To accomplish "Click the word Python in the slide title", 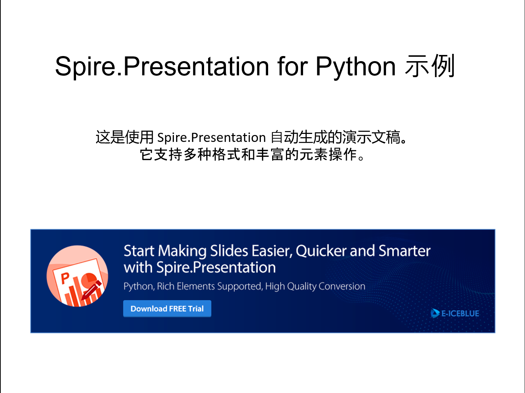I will (x=355, y=67).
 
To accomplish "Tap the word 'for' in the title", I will (x=293, y=67).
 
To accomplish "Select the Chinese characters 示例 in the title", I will (x=430, y=66).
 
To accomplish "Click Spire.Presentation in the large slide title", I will (x=162, y=67).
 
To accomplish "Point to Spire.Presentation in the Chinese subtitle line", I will (x=211, y=138).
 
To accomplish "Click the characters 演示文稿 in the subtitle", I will (x=371, y=138).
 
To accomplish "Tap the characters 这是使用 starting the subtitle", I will (x=124, y=138).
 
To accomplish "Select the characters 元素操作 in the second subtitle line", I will (x=328, y=155).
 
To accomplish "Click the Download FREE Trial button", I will (x=167, y=309).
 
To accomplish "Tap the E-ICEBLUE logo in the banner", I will (x=455, y=313).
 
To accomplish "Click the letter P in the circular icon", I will (x=65, y=278).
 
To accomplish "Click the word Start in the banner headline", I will (x=139, y=251).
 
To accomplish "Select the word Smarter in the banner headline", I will (x=404, y=251).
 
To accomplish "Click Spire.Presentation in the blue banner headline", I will (x=216, y=268).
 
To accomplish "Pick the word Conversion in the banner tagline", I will (x=342, y=286).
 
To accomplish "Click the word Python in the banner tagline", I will (x=139, y=286).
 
